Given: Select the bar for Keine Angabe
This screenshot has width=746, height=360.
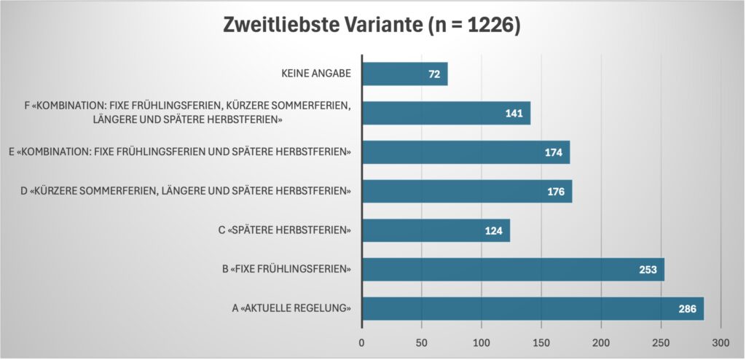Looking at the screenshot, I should tap(404, 74).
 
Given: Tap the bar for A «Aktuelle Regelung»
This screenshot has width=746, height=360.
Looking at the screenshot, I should tap(533, 308).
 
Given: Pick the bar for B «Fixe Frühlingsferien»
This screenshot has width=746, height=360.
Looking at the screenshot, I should tap(513, 270).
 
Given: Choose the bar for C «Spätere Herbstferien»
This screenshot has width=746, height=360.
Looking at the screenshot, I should tap(436, 230).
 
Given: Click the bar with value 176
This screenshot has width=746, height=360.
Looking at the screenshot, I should tap(466, 191).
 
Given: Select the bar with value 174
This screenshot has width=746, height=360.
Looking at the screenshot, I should tap(466, 152).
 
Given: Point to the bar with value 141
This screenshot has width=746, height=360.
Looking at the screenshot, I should tap(446, 113).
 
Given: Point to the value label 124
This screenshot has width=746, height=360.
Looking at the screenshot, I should tap(495, 231).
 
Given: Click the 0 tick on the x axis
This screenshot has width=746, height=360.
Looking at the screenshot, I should tap(362, 343).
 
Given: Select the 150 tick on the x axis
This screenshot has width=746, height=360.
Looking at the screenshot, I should tap(541, 343).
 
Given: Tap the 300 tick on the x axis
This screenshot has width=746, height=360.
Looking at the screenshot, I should tap(721, 343).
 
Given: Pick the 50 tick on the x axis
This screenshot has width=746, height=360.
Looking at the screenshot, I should tap(422, 343).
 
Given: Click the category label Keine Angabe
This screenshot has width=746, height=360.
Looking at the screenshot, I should tap(316, 74).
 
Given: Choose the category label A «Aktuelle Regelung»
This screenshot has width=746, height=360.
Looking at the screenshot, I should tap(291, 309).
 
